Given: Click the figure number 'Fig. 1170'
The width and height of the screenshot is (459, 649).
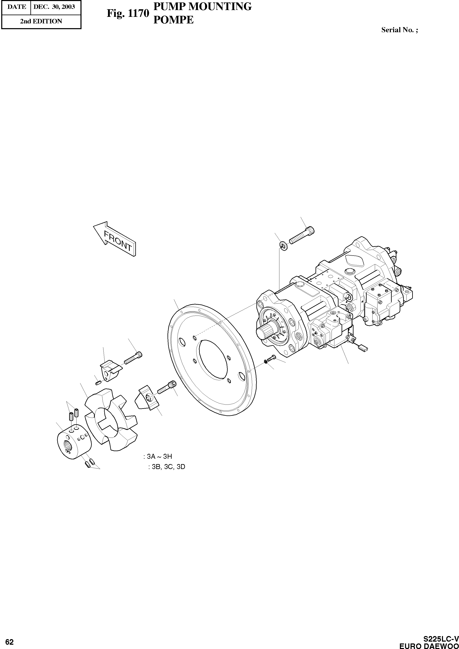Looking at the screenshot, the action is click(x=127, y=13).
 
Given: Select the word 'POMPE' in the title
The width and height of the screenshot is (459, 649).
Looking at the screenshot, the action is click(x=173, y=20).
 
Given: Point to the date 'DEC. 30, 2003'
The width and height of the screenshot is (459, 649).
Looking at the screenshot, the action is click(x=54, y=7).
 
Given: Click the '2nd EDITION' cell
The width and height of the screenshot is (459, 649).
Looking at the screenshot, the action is click(x=41, y=21).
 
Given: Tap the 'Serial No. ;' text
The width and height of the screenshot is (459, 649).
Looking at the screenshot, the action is click(x=399, y=30).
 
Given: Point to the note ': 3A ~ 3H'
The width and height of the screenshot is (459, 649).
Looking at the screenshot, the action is click(x=158, y=456).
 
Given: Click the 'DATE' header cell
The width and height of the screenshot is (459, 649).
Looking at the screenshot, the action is click(x=17, y=7).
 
